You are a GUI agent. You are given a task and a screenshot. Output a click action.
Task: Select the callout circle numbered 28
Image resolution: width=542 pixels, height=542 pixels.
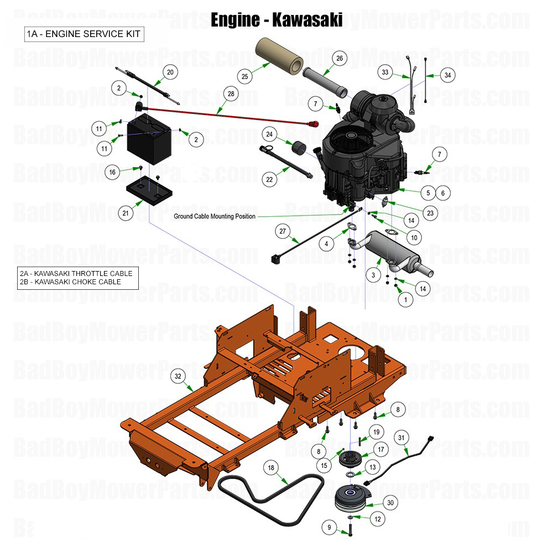231,94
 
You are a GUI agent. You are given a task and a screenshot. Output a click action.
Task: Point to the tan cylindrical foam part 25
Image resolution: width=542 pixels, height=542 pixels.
277,54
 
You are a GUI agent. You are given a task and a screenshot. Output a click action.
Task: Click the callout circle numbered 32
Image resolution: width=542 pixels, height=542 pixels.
178,376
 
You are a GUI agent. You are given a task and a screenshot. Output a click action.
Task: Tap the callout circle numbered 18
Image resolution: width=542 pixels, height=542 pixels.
271,468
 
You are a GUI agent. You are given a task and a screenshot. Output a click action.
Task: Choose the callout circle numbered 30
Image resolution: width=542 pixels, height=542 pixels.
391,503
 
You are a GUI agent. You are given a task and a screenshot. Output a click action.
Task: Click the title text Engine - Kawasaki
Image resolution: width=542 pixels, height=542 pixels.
277,19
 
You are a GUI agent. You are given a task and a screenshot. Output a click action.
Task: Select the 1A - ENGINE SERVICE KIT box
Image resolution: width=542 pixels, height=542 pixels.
84,34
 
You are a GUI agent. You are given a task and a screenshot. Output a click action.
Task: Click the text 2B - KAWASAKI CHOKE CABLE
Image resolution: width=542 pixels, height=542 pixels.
70,282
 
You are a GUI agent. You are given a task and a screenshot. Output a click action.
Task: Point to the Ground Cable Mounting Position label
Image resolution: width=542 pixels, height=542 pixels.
215,216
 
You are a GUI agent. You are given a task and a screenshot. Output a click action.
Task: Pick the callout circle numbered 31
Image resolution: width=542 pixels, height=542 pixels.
402,437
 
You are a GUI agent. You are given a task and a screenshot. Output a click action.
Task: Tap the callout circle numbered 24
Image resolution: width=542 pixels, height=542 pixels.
270,134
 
